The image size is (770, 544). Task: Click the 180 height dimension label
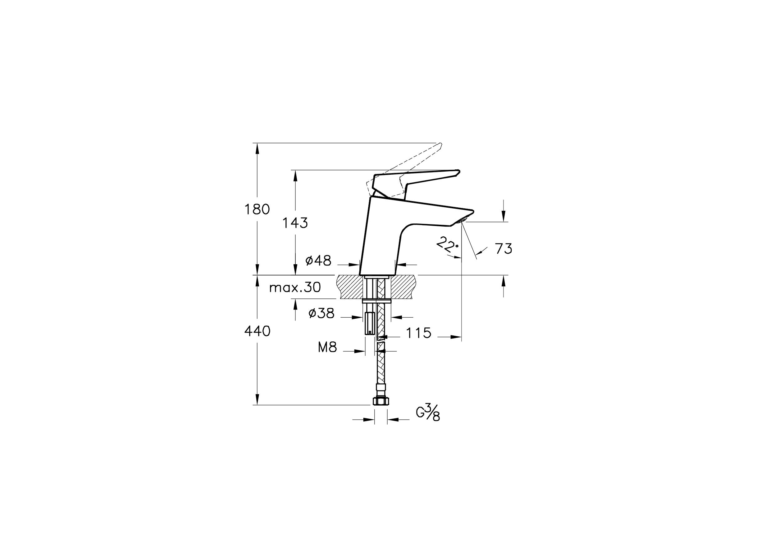[x=257, y=210]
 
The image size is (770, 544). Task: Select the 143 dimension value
[x=295, y=223]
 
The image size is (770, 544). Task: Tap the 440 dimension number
[x=257, y=332]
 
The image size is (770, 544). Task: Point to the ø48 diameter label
[x=318, y=260]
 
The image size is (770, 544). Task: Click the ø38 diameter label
[x=321, y=313]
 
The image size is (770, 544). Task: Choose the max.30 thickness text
[x=295, y=287]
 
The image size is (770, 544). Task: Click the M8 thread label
[x=327, y=348]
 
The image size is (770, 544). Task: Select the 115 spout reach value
[x=418, y=333]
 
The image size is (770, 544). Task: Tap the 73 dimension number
[x=503, y=249]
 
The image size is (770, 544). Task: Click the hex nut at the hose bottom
[x=380, y=401]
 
